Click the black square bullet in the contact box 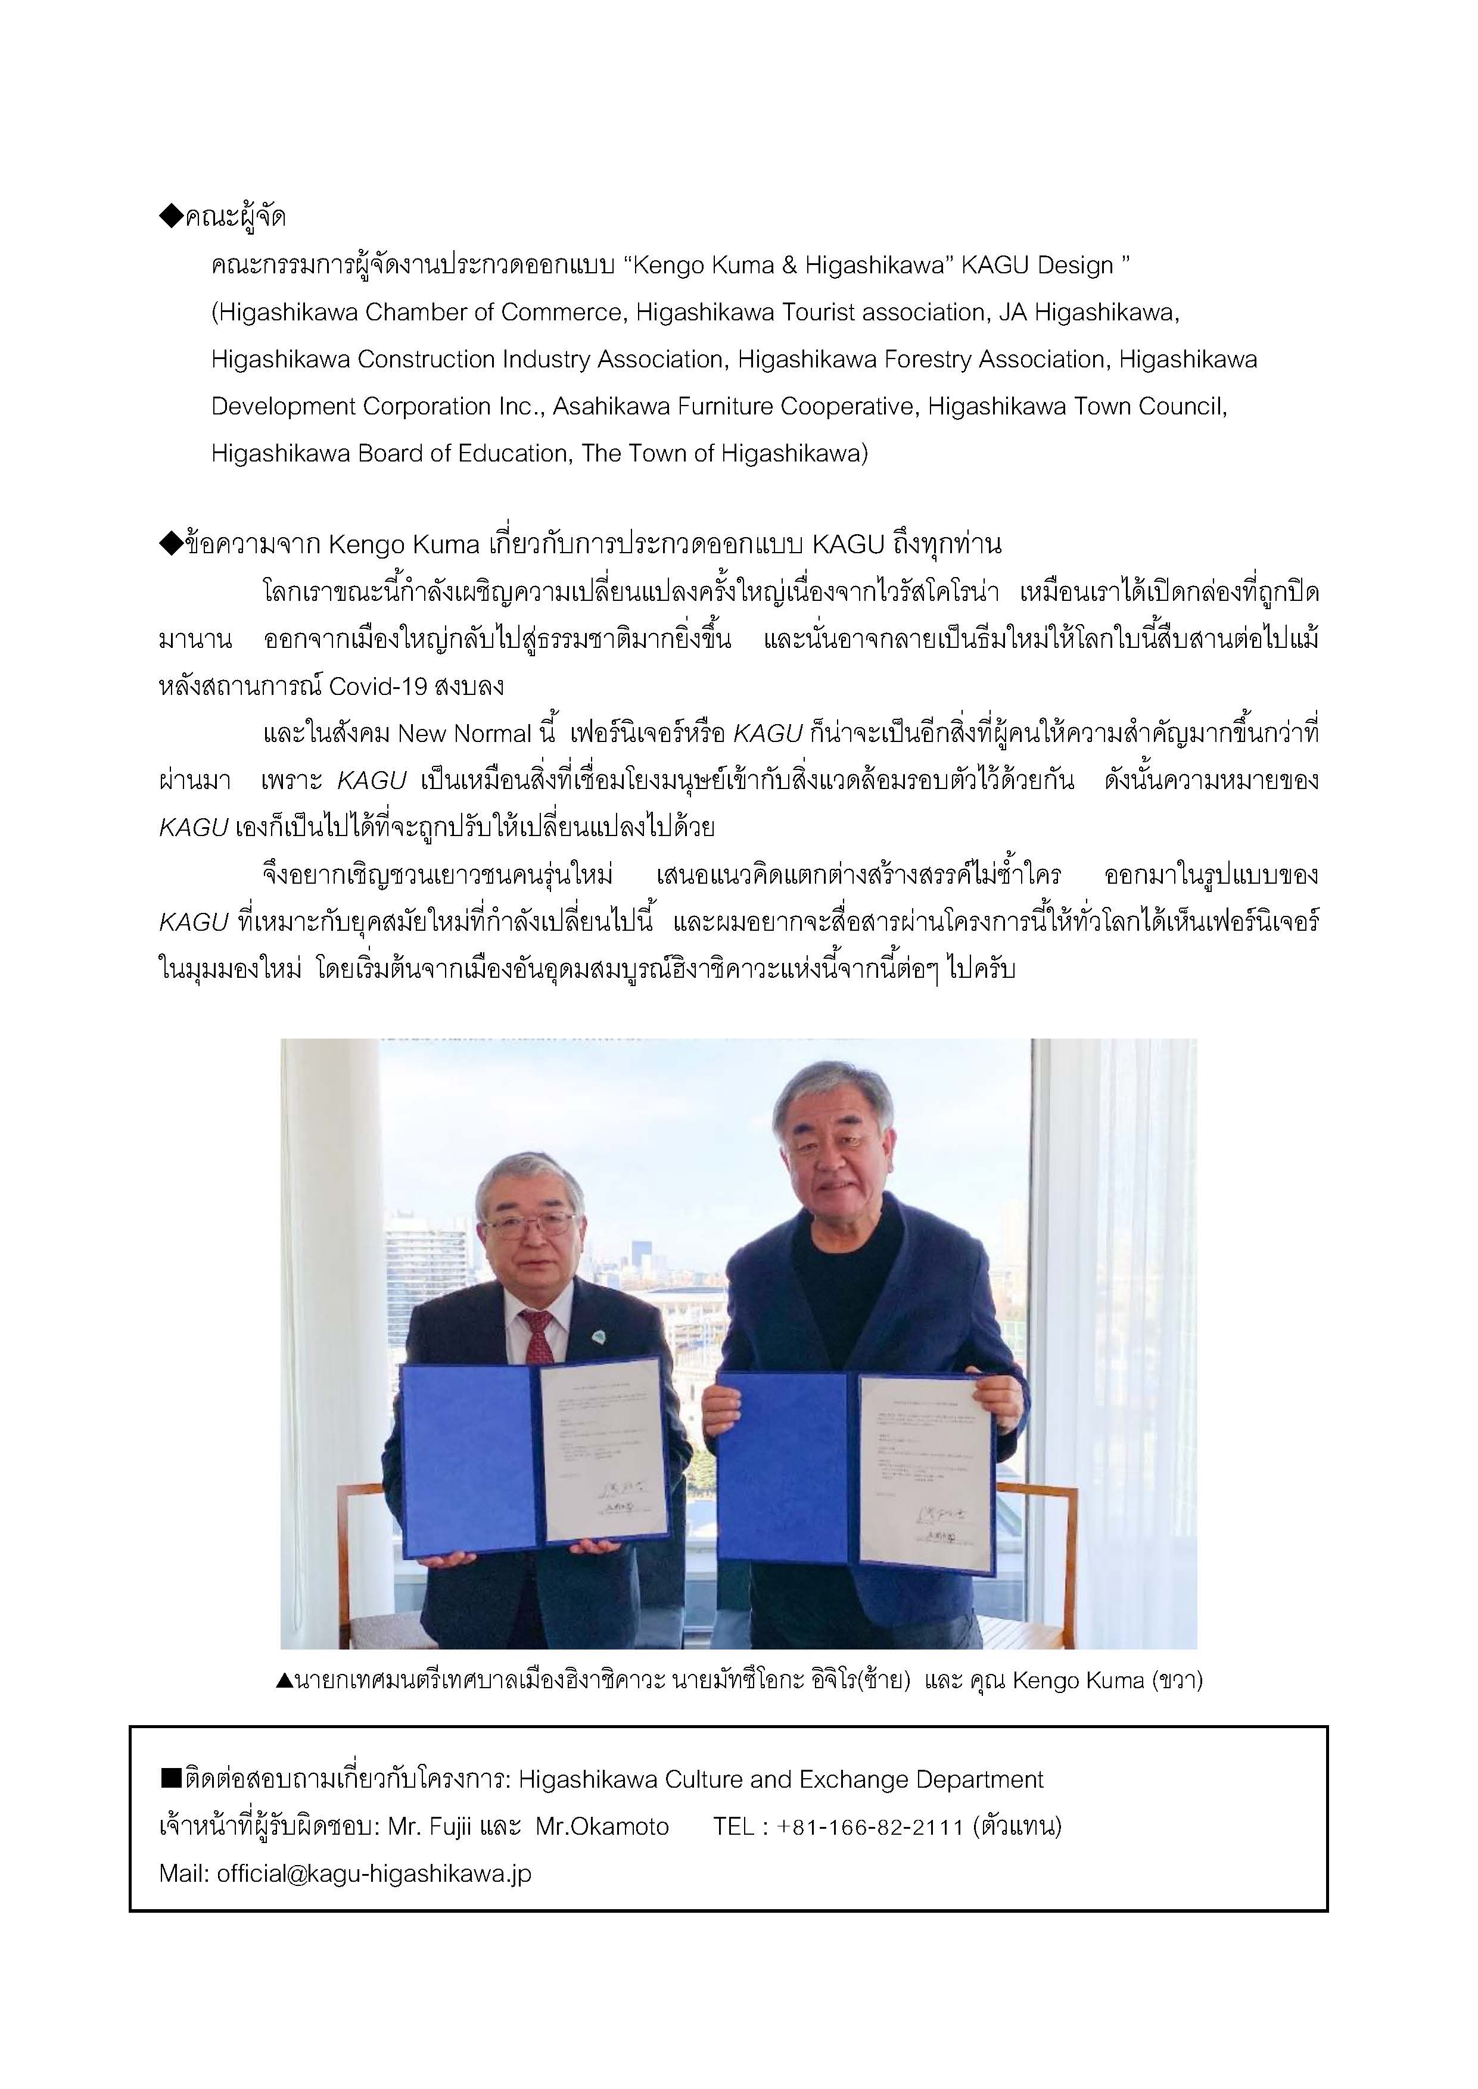point(171,1779)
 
